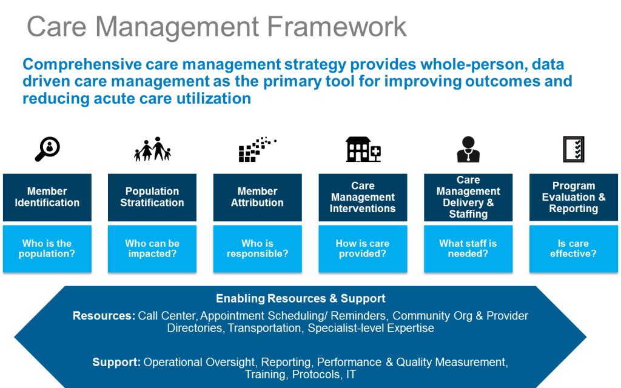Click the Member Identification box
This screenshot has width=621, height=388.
coord(47,197)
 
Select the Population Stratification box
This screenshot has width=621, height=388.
coord(152,197)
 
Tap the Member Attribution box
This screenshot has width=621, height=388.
coord(257,197)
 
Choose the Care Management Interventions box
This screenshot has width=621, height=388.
coord(363,197)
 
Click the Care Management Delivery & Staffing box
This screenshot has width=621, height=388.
coord(468,197)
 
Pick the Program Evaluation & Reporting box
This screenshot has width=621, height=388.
coord(574,197)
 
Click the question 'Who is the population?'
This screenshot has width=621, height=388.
coord(47,249)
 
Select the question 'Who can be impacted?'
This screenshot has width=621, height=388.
coord(152,249)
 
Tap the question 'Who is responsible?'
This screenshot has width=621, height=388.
coord(257,249)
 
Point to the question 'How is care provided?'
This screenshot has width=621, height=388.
coord(363,249)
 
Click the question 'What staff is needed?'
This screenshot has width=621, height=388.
coord(468,249)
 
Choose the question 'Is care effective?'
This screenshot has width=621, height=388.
coord(574,249)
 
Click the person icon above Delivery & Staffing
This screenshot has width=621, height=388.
coord(468,149)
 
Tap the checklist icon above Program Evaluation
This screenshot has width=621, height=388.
coord(574,149)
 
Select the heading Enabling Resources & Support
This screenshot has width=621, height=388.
coord(301,298)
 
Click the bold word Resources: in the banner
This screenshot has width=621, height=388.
coord(104,316)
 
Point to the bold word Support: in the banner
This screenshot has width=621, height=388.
coord(116,362)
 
